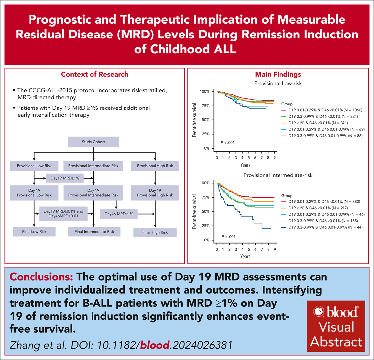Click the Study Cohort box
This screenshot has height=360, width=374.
[x=93, y=142]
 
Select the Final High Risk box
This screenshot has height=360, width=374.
[x=155, y=232]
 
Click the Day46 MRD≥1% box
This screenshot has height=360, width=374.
[x=119, y=214]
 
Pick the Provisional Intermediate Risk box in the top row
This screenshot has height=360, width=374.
[x=93, y=166]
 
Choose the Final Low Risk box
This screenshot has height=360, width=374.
[x=34, y=231]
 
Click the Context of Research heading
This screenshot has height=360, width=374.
[x=94, y=75]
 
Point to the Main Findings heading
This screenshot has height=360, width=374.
[x=278, y=74]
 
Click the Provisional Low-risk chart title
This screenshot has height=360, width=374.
[x=278, y=83]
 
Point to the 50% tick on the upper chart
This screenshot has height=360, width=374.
[x=207, y=120]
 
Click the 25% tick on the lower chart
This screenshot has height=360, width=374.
[x=207, y=226]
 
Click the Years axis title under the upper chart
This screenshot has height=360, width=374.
[x=245, y=165]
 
